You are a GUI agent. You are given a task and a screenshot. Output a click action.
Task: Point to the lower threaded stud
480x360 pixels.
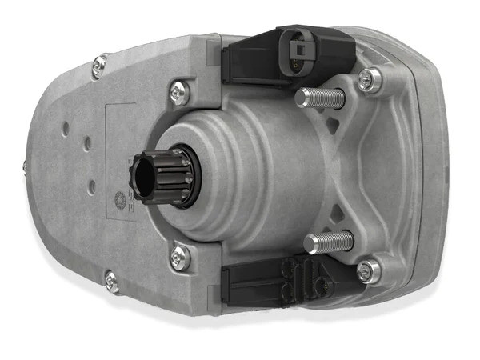328,239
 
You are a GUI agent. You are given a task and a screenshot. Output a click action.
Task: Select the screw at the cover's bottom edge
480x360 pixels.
112,281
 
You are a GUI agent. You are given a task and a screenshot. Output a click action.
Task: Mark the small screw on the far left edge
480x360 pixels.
24,166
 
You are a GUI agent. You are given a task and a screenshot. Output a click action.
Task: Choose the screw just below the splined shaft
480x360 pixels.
179,257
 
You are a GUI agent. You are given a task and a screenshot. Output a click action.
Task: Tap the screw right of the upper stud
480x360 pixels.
370,78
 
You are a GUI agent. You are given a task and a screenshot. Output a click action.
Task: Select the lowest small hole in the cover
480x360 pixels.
91,187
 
